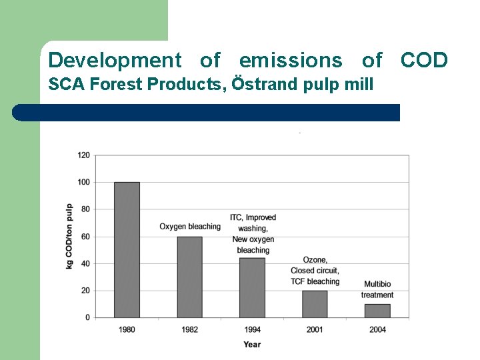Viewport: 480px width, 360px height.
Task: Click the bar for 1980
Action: (127, 249)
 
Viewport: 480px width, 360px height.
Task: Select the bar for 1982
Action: (189, 277)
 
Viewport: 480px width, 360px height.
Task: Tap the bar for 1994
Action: (252, 287)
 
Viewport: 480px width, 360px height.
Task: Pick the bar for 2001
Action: (315, 304)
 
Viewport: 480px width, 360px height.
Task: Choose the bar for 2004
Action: (377, 311)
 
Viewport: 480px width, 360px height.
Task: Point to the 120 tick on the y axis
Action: (83, 155)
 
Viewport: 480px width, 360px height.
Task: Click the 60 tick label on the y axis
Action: (85, 237)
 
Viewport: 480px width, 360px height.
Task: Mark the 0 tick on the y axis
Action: (87, 318)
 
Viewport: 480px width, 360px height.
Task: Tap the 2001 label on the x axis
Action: (315, 329)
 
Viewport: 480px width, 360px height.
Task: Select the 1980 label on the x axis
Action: (127, 329)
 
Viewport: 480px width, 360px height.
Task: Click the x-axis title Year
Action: (252, 345)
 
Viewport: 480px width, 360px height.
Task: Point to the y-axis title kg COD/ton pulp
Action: (69, 236)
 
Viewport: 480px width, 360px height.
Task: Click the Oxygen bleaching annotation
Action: (190, 227)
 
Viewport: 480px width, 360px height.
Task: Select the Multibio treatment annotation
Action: (377, 290)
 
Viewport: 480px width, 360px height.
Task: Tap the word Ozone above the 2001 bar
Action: (315, 260)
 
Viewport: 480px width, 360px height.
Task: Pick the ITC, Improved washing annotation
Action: (253, 223)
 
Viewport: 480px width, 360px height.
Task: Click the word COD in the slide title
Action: (424, 61)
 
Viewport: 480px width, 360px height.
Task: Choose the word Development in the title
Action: (115, 61)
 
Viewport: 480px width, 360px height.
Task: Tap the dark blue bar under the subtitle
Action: (207, 113)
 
